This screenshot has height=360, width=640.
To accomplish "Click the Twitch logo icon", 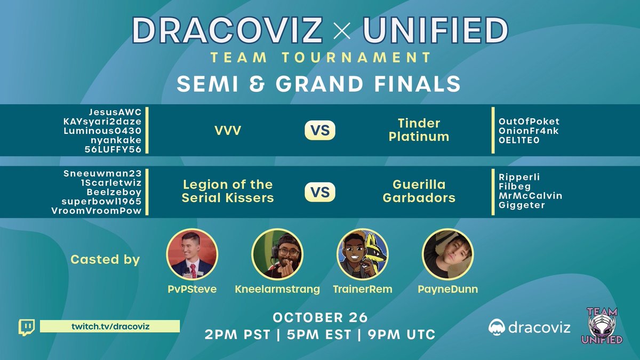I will point(27,327).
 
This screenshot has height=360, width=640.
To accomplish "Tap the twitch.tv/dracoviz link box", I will point(109,326).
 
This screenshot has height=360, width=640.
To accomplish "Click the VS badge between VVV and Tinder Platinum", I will point(320,130).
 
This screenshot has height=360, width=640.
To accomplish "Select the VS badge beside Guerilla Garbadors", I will point(320,191).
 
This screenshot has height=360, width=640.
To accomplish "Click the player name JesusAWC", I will point(117,112).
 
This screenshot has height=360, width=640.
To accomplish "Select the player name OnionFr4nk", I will point(529,131).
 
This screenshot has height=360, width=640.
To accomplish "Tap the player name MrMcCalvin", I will point(530,196).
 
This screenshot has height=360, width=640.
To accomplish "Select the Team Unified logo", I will point(604,325).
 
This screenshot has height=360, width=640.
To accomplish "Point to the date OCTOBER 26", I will point(320,317).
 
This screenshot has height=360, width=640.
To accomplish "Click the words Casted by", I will point(105,260).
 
